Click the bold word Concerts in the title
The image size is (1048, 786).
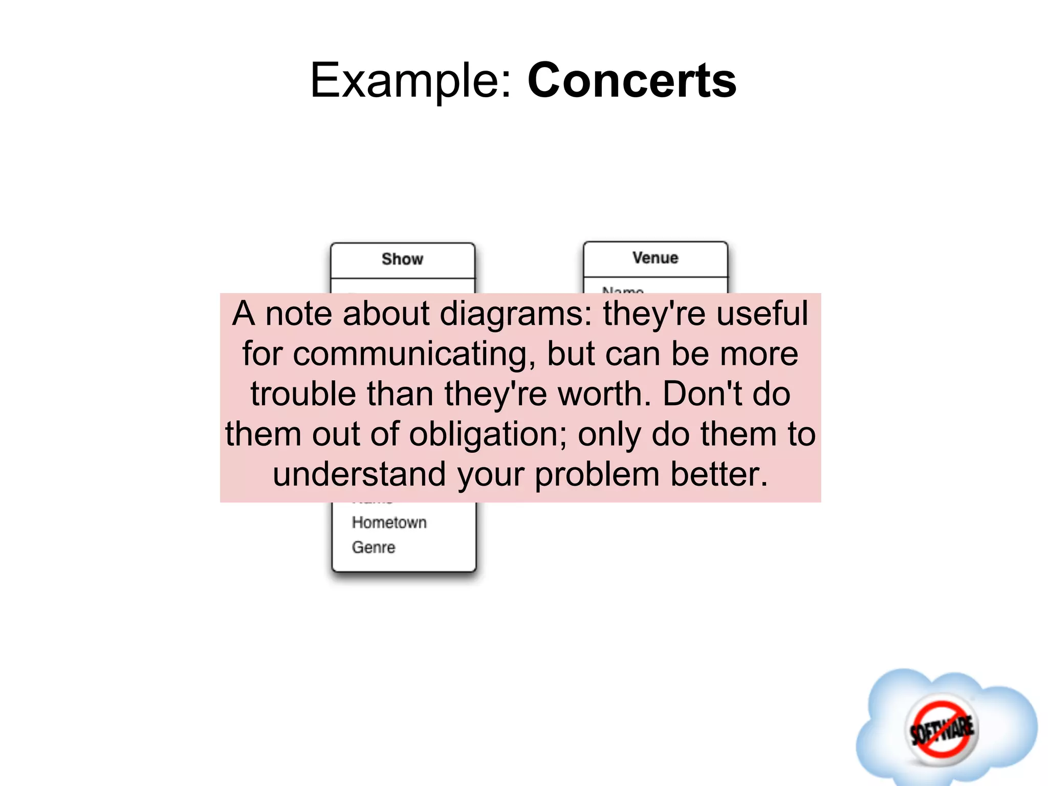tap(631, 81)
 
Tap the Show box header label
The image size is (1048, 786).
tap(402, 259)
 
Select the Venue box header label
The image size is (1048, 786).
tap(655, 258)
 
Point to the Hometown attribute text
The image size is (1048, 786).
tap(389, 522)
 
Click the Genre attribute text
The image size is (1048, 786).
tap(374, 547)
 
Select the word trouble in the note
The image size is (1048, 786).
tap(303, 394)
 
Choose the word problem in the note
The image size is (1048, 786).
tap(597, 474)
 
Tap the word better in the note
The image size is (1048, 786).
tap(719, 474)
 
